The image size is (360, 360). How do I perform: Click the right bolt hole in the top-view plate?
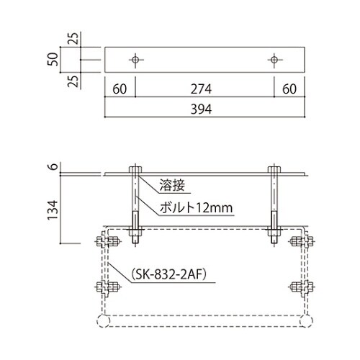(274, 58)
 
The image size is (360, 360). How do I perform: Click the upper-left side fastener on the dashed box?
(102, 242)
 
